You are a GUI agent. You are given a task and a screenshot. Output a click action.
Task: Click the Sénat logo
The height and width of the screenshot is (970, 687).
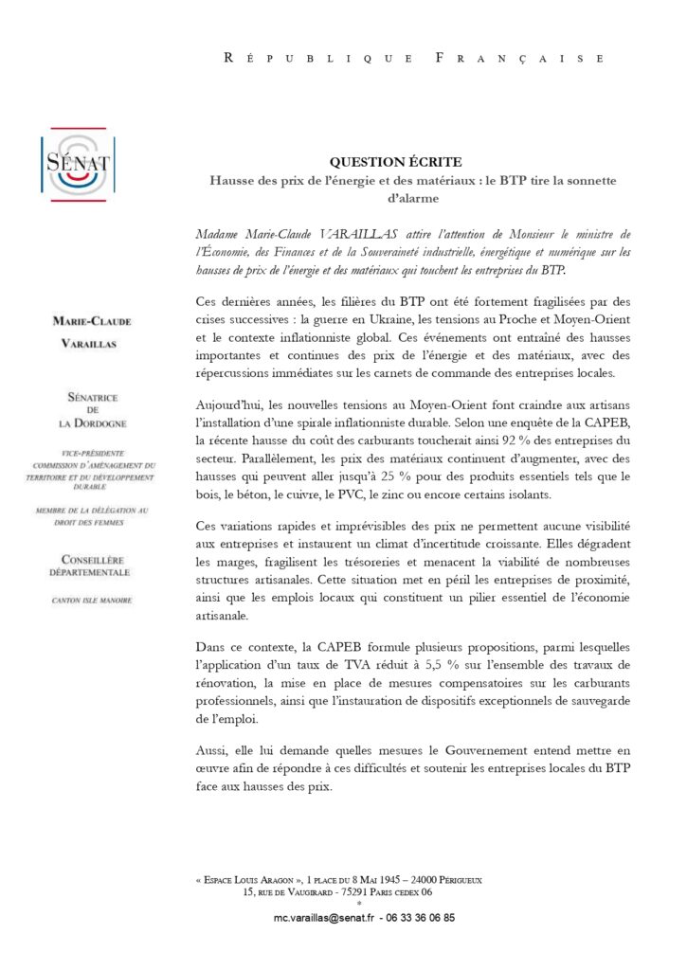point(78,163)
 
